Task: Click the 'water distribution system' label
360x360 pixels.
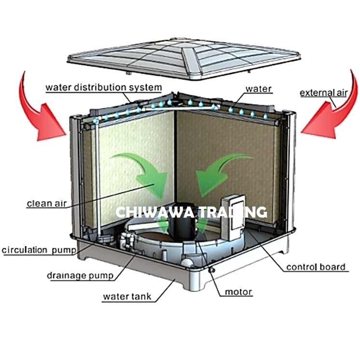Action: [103, 88]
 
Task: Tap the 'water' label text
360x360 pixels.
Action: [259, 89]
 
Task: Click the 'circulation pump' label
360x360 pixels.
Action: [38, 250]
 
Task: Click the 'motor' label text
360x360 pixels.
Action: [238, 292]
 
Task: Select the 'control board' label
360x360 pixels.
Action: [316, 267]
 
